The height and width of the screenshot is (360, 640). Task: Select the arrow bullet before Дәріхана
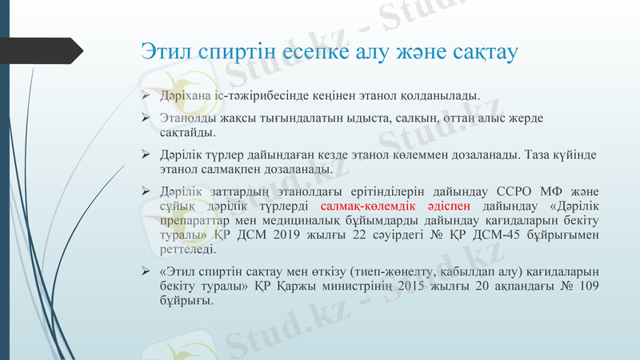tap(146, 96)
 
